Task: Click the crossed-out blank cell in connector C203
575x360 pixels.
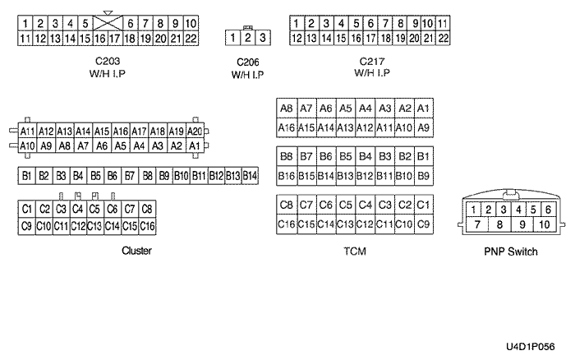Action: click(x=108, y=23)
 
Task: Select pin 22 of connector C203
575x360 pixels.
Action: click(x=191, y=39)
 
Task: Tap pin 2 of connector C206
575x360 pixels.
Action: click(x=248, y=38)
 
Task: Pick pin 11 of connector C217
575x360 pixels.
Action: click(x=443, y=24)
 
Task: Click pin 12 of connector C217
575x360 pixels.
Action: click(x=297, y=38)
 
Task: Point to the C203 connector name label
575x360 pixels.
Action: click(x=108, y=61)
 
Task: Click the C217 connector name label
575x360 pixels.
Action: click(x=372, y=61)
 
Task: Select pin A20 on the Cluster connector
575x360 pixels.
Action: click(x=195, y=131)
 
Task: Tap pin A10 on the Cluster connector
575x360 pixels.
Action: click(x=27, y=145)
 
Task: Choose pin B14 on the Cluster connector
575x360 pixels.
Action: click(x=250, y=176)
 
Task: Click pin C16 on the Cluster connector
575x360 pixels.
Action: click(x=147, y=226)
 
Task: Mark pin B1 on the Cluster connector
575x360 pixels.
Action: click(x=27, y=176)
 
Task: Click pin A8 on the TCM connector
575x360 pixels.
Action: click(x=287, y=108)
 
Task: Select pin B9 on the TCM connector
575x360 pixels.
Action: click(x=424, y=176)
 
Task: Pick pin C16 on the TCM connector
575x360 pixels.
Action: click(x=287, y=224)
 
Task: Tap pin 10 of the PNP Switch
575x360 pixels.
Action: click(x=545, y=224)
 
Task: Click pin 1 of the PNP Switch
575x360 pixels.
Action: click(x=473, y=210)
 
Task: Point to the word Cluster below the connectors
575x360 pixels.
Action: click(x=136, y=251)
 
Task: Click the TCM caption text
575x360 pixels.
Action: click(x=355, y=252)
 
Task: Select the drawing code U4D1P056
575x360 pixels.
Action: click(x=531, y=346)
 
